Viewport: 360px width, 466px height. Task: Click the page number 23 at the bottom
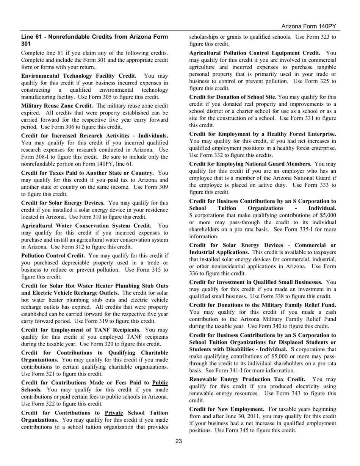(x=178, y=441)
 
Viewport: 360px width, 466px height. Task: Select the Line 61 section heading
(x=94, y=40)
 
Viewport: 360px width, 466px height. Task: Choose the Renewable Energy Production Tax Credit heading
(x=247, y=379)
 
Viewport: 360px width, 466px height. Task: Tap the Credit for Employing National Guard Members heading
(x=250, y=164)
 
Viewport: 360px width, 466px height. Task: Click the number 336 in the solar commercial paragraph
(x=195, y=273)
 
